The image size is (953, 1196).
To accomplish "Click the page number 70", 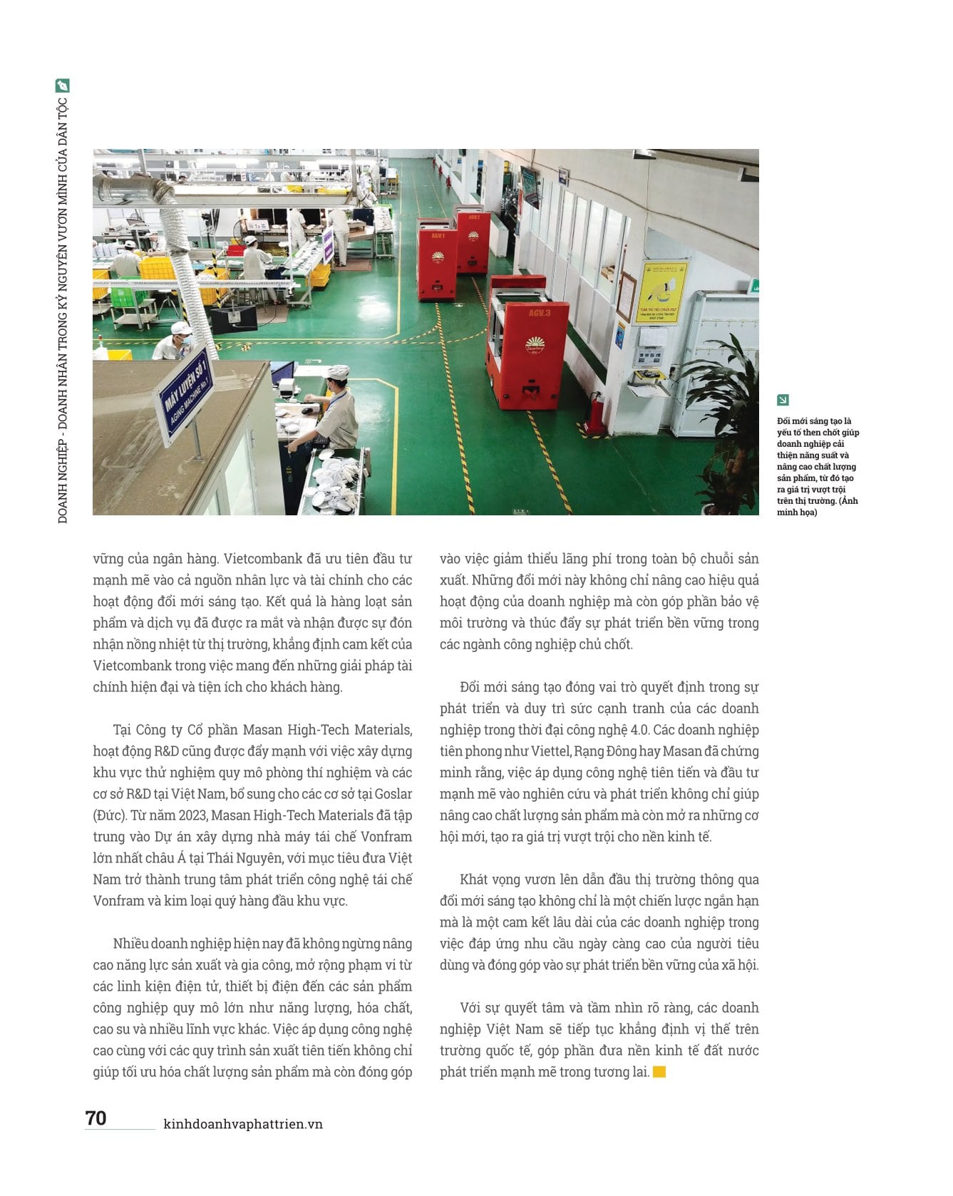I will pyautogui.click(x=96, y=1118).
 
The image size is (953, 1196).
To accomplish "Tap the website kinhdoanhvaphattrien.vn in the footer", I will pyautogui.click(x=243, y=1124).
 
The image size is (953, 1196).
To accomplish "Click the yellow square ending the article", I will pyautogui.click(x=659, y=1072).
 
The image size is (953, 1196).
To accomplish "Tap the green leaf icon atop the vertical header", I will pyautogui.click(x=63, y=86).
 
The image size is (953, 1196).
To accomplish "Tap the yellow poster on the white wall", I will pyautogui.click(x=661, y=292).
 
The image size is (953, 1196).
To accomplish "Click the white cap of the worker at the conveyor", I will pyautogui.click(x=337, y=371).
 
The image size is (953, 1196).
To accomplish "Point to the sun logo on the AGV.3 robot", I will pyautogui.click(x=535, y=345).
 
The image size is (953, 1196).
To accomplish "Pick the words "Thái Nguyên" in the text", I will pyautogui.click(x=233, y=858).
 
